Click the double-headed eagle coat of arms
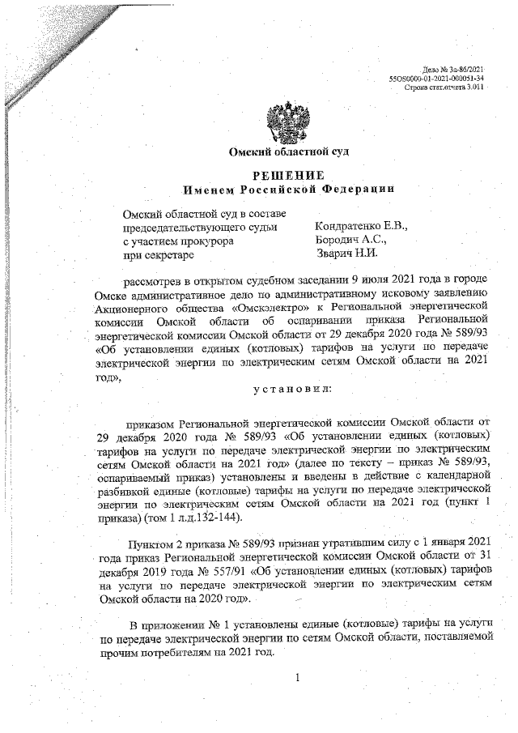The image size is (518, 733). coord(289,120)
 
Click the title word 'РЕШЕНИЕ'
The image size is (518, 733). coord(289,175)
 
